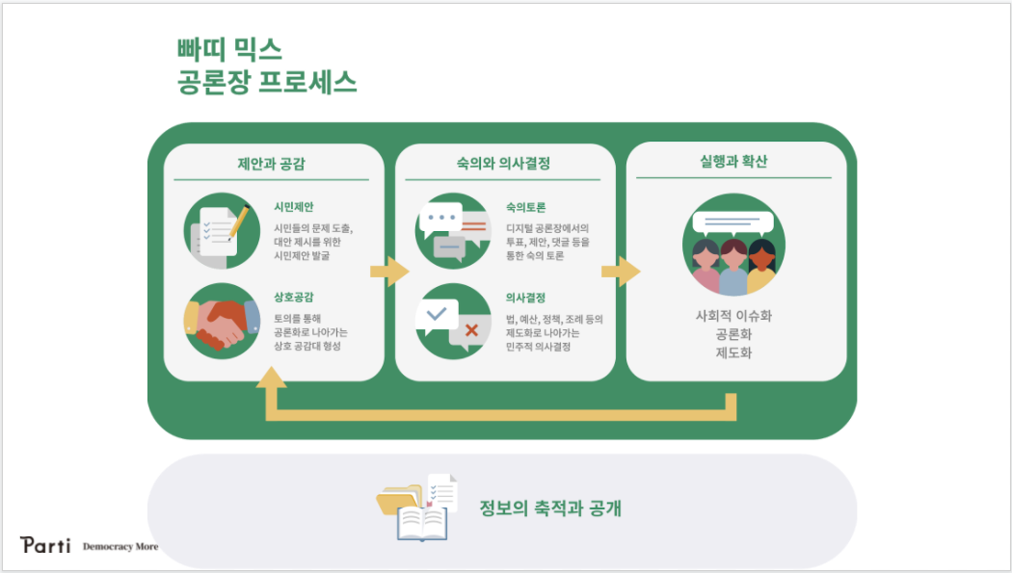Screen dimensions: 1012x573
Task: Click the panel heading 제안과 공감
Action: point(271,164)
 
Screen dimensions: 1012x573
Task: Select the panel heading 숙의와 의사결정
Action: point(503,163)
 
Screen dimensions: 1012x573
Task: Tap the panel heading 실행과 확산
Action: point(733,161)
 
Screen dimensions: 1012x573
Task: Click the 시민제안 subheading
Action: point(294,207)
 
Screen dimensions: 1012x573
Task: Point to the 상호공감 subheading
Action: point(294,298)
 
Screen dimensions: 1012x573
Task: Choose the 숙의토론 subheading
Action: point(525,207)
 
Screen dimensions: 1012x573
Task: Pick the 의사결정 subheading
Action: point(525,298)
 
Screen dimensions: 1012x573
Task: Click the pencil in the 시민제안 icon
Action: point(239,221)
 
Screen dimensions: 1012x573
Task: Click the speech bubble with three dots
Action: point(441,219)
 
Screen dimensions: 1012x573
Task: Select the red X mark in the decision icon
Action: point(472,330)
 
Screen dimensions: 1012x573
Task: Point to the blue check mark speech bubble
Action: point(437,316)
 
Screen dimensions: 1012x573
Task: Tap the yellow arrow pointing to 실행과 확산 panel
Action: point(621,272)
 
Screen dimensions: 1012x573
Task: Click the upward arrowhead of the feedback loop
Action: point(271,378)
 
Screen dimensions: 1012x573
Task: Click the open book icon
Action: point(422,523)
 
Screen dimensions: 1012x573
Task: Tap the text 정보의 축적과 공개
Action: point(550,508)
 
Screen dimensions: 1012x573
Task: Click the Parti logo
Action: point(45,545)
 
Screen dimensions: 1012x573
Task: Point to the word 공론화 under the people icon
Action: point(733,334)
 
